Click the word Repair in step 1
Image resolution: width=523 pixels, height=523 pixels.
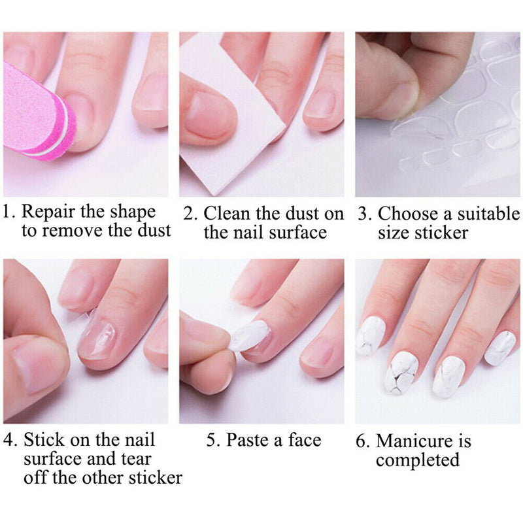53,212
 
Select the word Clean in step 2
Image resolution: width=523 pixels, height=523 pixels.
226,214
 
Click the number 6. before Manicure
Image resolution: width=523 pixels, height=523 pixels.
362,441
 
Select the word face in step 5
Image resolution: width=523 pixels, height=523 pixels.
304,440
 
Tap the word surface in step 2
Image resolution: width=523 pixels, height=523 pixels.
293,233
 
